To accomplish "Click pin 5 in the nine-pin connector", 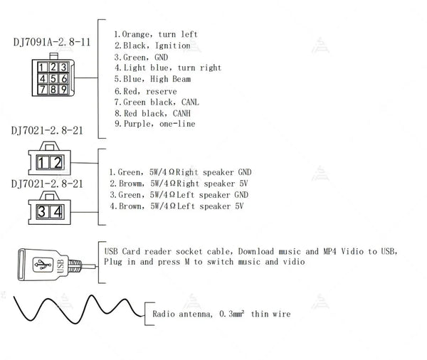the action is tap(53, 79).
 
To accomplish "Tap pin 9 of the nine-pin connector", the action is tap(64, 90).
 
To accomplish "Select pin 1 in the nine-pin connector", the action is tap(42, 68).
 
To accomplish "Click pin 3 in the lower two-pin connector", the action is tap(42, 211).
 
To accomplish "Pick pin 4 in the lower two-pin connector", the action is tap(57, 211).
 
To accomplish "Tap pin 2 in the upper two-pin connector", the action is tap(57, 162).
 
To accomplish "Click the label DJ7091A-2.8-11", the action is tap(52, 42).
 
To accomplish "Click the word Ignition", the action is tap(173, 46).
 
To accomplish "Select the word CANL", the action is tap(190, 102).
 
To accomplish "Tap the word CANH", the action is tap(181, 113).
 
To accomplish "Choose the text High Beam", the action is tap(171, 79).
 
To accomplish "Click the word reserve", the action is tap(162, 92).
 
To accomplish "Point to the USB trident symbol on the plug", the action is tap(43, 265).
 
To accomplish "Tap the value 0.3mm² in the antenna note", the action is tap(231, 314).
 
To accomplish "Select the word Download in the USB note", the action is tap(256, 251).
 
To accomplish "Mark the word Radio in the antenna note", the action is tap(164, 314).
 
